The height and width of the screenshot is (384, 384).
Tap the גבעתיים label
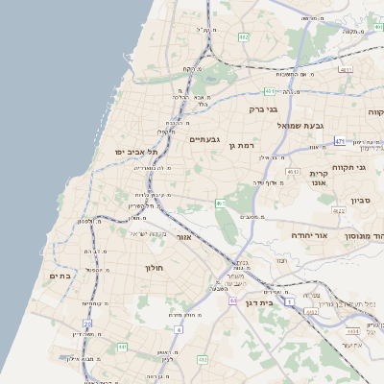point(204,139)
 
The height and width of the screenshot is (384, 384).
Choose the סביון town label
point(360,201)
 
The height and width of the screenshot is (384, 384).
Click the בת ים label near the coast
point(60,276)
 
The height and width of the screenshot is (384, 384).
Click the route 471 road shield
point(340,141)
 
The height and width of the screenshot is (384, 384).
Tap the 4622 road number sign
point(338,210)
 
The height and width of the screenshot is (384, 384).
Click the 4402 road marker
point(309,311)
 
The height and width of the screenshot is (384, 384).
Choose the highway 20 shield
point(87,324)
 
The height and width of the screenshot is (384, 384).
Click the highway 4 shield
point(178,329)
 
